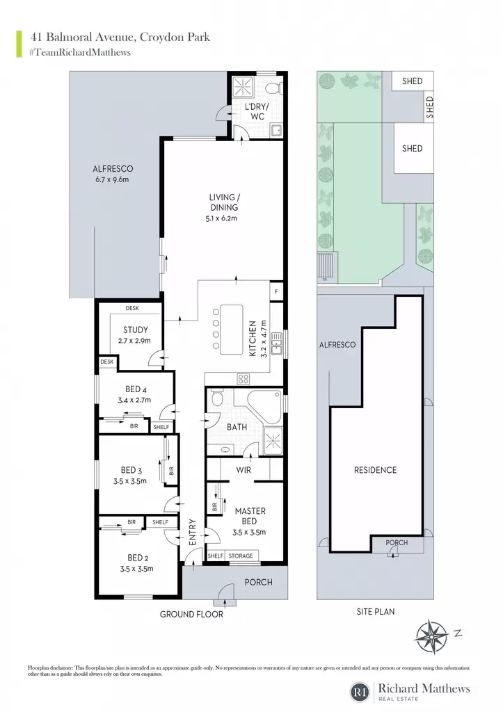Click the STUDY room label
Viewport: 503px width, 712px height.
136,330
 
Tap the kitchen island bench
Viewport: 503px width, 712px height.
231,330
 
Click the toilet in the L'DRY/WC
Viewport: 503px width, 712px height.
273,87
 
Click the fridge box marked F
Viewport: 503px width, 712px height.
276,292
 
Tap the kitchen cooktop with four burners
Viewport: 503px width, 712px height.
243,379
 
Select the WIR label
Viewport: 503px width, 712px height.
243,470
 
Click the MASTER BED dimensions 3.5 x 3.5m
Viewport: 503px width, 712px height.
249,532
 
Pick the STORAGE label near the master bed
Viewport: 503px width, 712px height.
241,556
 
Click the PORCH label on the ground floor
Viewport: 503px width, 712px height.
259,582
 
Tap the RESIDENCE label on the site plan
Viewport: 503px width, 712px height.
375,470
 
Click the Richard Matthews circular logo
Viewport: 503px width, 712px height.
360,692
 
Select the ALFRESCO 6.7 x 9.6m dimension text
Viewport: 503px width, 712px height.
112,179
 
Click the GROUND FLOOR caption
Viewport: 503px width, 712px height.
191,615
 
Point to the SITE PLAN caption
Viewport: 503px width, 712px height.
376,612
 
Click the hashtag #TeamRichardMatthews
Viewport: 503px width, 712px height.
80,52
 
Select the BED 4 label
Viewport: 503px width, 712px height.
136,389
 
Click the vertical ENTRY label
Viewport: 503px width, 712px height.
192,532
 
